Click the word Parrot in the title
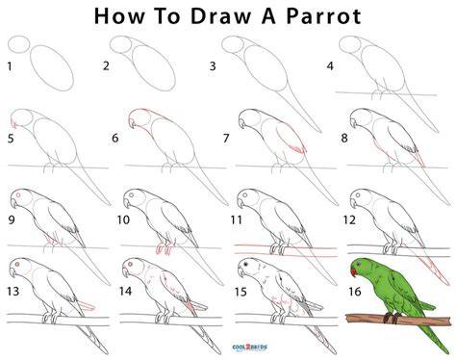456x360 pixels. (324, 16)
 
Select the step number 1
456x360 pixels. (10, 66)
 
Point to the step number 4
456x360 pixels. (330, 66)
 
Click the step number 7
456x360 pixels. (226, 138)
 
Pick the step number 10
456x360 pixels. (123, 219)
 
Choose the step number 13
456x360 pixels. (13, 292)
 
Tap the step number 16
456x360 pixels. (355, 292)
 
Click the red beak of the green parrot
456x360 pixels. (353, 272)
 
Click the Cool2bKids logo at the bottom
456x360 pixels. (250, 347)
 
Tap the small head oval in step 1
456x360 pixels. (18, 44)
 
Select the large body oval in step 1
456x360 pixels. (52, 68)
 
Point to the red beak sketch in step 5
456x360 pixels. (13, 123)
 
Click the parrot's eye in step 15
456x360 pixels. (246, 264)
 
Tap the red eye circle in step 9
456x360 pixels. (18, 195)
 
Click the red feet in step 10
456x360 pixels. (164, 249)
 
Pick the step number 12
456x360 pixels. (349, 219)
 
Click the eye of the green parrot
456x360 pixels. (359, 265)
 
